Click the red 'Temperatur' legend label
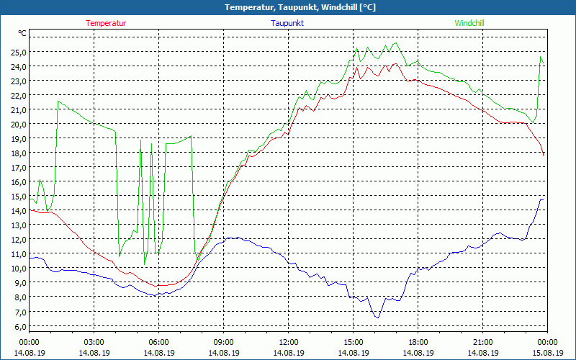click(106, 23)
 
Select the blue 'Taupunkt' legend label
click(287, 23)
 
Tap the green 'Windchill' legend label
click(469, 23)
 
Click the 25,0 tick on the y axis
click(18, 52)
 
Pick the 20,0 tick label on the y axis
click(18, 124)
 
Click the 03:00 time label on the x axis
click(94, 342)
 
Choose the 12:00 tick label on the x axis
click(289, 342)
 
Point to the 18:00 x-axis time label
click(418, 342)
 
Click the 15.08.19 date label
click(548, 353)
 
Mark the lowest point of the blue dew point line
click(377, 317)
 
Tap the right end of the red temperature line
click(544, 155)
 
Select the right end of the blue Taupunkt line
click(543, 199)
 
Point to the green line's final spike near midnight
click(541, 57)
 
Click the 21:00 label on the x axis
click(483, 342)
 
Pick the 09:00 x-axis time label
click(224, 342)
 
